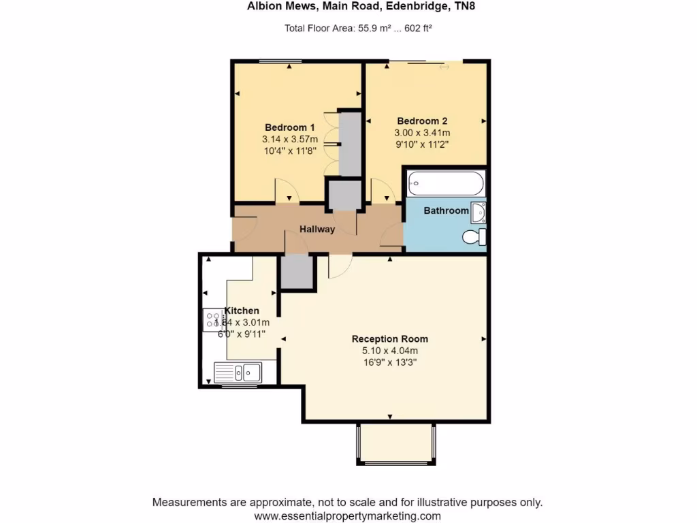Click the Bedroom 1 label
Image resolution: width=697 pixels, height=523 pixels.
point(289,127)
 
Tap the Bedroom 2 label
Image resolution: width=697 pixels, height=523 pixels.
point(422,121)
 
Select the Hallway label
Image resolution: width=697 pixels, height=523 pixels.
point(317,229)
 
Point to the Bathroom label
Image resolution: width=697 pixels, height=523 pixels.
point(446,210)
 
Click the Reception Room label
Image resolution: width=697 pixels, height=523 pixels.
point(389,338)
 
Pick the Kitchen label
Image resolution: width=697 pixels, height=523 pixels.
point(242,311)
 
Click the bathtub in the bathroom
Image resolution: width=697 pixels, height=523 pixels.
point(445,183)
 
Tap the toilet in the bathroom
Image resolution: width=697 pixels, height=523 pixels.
point(473,237)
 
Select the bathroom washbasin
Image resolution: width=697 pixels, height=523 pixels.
point(479,212)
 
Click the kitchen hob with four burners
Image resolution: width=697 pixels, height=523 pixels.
point(213,320)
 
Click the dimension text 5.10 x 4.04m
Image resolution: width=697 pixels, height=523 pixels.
point(389,351)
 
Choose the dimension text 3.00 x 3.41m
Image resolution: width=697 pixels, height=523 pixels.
point(422,133)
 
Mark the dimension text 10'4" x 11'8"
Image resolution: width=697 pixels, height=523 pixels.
point(289,151)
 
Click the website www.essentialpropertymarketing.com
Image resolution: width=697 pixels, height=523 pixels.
point(347,516)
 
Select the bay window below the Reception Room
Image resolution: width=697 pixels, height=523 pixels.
point(395,443)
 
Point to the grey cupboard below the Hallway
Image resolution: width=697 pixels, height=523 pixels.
point(296,271)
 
